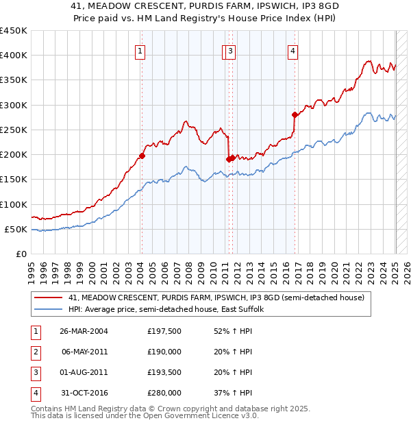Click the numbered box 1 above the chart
point(140,50)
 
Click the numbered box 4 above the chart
point(292,50)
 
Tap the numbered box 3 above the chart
point(231,50)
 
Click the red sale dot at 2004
point(142,156)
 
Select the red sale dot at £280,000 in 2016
point(295,114)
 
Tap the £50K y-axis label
point(16,230)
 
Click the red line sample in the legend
point(49,297)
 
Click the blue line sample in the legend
point(49,309)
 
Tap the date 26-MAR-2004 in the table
point(84,331)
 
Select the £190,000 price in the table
point(164,352)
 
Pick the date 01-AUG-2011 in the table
point(84,372)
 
